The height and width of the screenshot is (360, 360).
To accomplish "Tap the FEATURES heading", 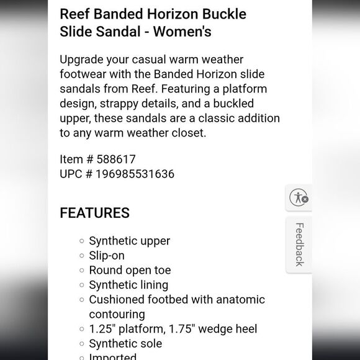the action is [x=94, y=213].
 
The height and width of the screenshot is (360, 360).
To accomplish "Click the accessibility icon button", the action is [x=299, y=198].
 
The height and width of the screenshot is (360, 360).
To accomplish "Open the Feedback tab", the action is [x=299, y=245].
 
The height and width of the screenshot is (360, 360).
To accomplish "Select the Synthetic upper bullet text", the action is [x=129, y=241].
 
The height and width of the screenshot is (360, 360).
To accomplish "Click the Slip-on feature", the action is [x=107, y=256].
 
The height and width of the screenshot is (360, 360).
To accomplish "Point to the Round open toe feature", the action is [x=130, y=270].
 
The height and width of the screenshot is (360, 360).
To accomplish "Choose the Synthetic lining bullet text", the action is [x=128, y=285].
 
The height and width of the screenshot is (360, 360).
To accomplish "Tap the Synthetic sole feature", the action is [x=125, y=343].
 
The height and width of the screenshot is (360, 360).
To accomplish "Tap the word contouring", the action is [x=117, y=314].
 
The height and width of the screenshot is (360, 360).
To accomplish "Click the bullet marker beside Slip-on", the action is [x=81, y=256].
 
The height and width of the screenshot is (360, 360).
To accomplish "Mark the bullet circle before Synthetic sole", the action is [x=81, y=344].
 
